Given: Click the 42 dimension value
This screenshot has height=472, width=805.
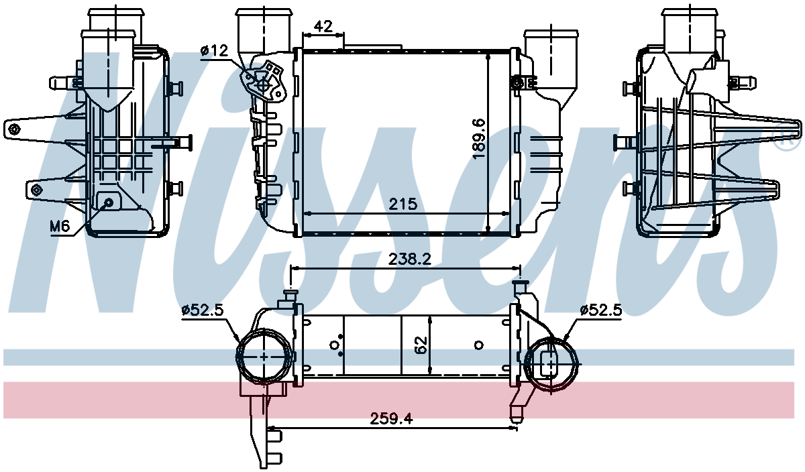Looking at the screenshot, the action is pyautogui.click(x=323, y=26).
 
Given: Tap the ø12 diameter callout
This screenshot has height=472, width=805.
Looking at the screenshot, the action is pyautogui.click(x=215, y=51).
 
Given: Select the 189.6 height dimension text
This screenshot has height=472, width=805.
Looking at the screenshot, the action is pyautogui.click(x=479, y=139).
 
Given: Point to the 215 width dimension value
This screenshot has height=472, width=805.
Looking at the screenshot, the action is pyautogui.click(x=403, y=204).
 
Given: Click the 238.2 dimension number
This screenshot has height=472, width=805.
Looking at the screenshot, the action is pyautogui.click(x=410, y=259).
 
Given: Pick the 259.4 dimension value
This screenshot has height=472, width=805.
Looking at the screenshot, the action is pyautogui.click(x=391, y=418).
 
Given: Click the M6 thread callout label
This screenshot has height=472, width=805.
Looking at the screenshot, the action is pyautogui.click(x=59, y=226).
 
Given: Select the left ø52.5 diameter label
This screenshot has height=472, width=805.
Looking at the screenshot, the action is pyautogui.click(x=203, y=309).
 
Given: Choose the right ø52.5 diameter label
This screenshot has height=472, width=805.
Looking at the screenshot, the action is pyautogui.click(x=601, y=309).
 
